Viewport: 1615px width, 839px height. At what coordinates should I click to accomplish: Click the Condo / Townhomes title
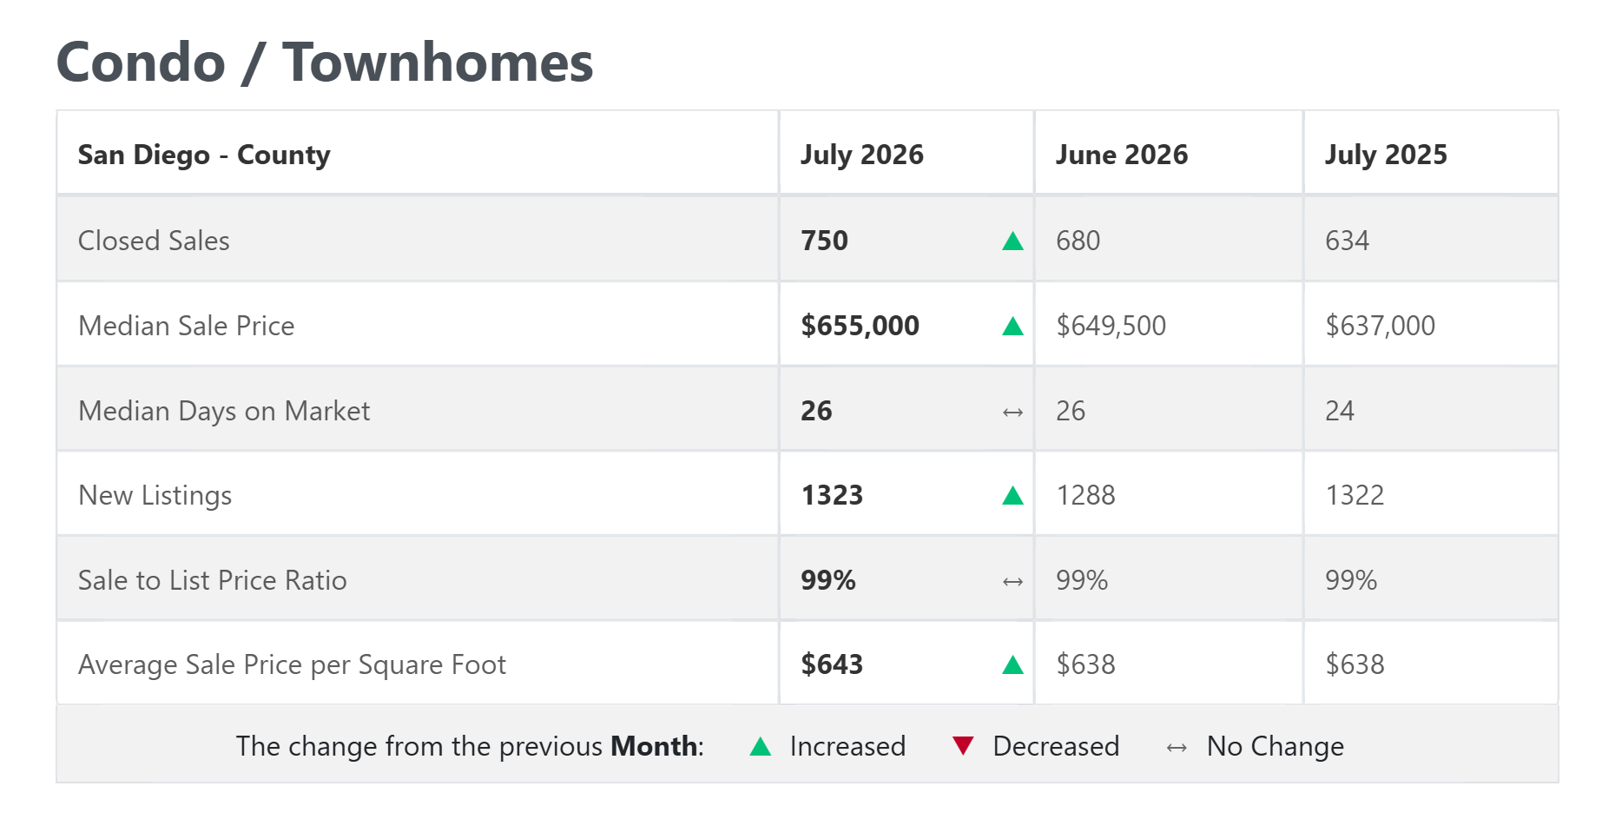click(325, 63)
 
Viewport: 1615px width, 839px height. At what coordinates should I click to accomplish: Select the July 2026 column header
click(862, 155)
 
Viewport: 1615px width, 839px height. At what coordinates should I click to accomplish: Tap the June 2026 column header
click(1122, 155)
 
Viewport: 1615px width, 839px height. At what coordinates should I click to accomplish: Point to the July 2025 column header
click(1386, 155)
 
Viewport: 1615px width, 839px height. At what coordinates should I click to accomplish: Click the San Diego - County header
click(204, 155)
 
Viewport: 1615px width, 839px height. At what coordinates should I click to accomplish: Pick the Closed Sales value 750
click(824, 241)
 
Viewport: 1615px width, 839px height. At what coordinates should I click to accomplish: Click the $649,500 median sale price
click(1111, 326)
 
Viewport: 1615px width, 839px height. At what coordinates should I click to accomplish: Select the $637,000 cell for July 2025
click(1380, 326)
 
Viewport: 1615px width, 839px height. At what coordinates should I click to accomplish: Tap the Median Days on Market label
click(224, 411)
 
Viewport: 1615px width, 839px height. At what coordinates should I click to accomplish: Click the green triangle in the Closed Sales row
click(1012, 241)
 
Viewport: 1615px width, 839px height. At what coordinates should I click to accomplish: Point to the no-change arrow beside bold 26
click(1012, 412)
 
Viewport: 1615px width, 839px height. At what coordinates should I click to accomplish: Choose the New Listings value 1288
click(1085, 495)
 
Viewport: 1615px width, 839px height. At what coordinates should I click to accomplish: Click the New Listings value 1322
click(1355, 495)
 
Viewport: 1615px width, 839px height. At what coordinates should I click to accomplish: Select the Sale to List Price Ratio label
click(213, 580)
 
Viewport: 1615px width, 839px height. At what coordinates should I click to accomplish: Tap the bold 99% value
click(828, 580)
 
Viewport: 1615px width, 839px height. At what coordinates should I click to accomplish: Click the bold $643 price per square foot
click(832, 664)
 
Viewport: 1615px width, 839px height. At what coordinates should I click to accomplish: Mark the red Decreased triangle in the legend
click(963, 745)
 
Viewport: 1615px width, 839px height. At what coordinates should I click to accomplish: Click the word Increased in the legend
click(847, 746)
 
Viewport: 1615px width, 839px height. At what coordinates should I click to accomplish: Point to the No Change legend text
click(1276, 746)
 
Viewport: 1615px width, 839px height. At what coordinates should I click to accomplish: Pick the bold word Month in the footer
click(654, 746)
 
